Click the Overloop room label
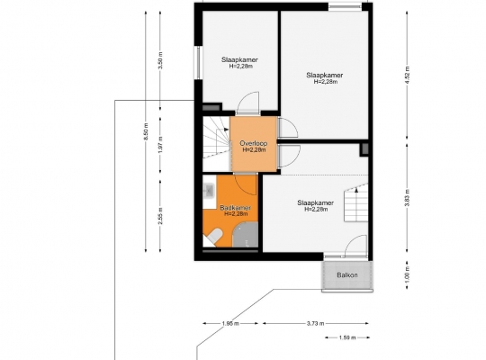coord(254,144)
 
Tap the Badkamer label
coord(235,208)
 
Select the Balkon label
coord(347,275)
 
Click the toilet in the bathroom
coord(214,236)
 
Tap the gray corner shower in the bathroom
coord(245,235)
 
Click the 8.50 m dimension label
coord(146,131)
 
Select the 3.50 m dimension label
coord(160,60)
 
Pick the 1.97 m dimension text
coord(160,145)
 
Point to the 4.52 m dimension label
coord(407,75)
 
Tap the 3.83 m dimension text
coord(407,197)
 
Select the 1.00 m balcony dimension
coord(407,274)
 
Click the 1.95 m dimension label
coord(230,323)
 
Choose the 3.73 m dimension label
coord(316,323)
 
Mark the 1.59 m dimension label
coord(347,337)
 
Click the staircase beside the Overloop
coord(217,137)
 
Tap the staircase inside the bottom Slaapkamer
coord(356,203)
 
